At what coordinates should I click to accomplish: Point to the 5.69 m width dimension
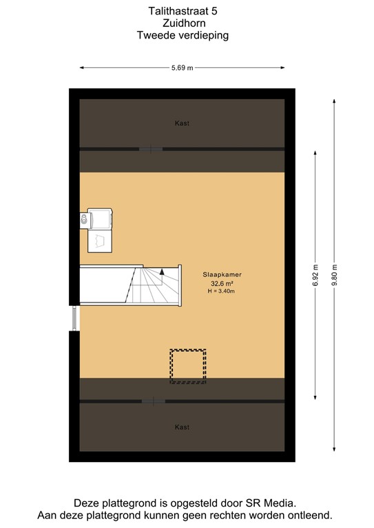182,67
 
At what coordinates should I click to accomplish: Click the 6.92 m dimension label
315,275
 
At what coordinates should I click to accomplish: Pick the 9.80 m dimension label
335,275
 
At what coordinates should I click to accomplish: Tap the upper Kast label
182,123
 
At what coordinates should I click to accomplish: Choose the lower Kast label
182,427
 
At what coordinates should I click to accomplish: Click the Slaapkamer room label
222,274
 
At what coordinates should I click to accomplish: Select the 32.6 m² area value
222,283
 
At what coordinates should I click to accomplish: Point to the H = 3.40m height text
222,291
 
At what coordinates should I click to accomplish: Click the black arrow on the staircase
162,273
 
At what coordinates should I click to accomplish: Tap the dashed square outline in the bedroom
187,365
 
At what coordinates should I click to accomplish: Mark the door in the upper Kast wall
150,148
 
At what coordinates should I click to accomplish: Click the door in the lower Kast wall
152,401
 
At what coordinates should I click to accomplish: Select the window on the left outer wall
74,318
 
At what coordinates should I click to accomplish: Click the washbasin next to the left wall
85,219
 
